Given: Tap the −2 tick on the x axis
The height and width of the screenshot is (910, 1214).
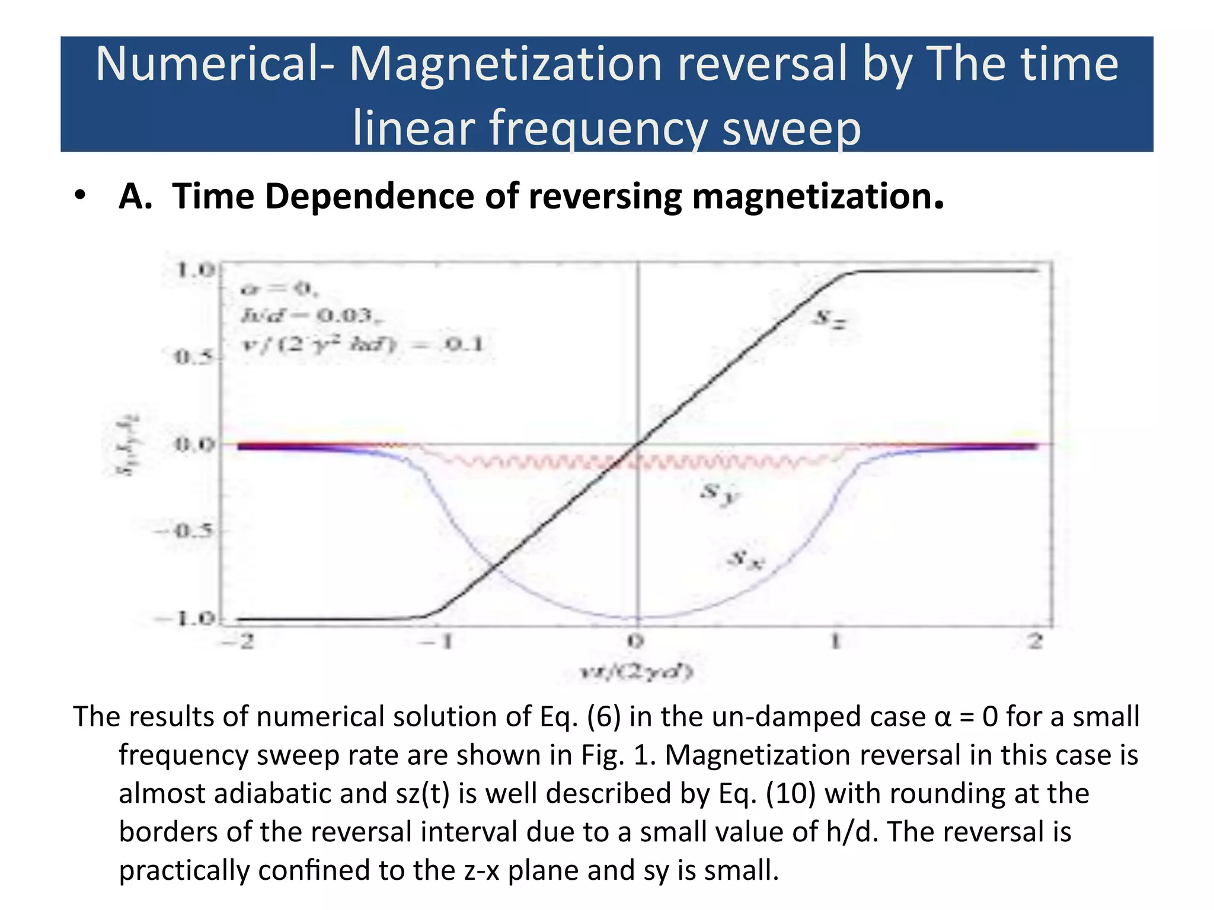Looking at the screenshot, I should pyautogui.click(x=238, y=642).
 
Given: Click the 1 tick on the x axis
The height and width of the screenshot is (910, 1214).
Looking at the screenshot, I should pyautogui.click(x=835, y=642).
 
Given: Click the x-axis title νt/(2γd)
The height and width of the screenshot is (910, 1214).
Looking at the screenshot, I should pyautogui.click(x=636, y=672).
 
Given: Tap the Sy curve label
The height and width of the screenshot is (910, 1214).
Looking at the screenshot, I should pyautogui.click(x=719, y=492).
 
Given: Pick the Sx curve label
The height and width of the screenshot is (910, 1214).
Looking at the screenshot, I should pyautogui.click(x=745, y=559).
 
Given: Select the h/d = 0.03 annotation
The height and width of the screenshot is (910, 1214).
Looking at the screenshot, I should pyautogui.click(x=311, y=315).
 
